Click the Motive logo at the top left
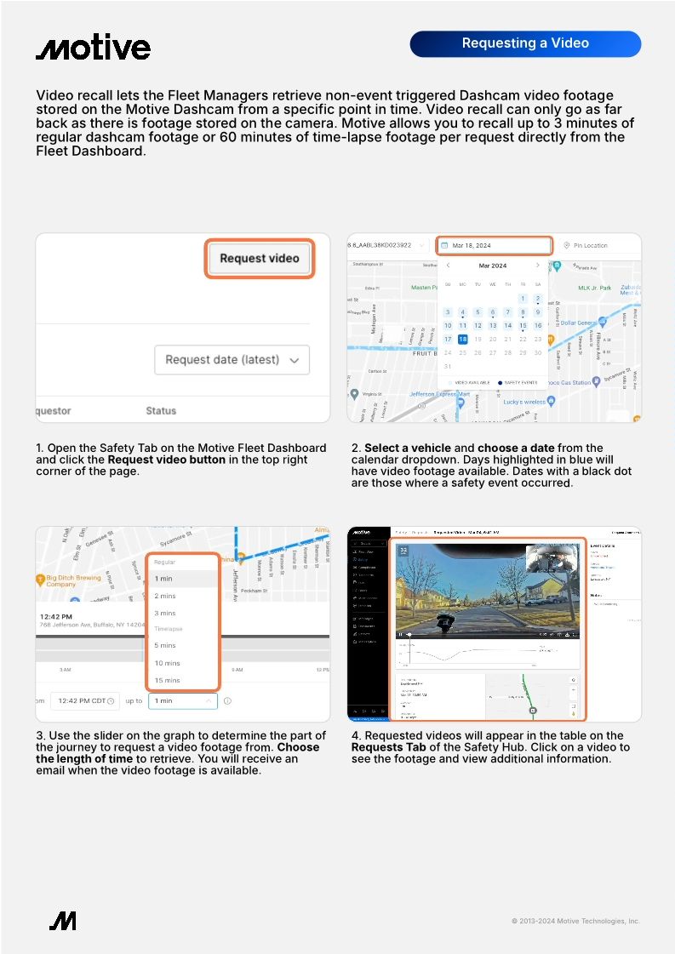tap(93, 48)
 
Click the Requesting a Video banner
tap(524, 43)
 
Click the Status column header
tap(161, 410)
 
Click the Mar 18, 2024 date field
tap(494, 245)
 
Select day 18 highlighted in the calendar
tap(463, 339)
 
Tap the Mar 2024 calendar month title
tap(492, 266)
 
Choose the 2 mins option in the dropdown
tap(165, 596)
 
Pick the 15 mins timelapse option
tap(168, 680)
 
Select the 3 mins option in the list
tap(165, 613)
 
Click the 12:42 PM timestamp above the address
tap(55, 616)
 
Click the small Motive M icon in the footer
tap(62, 920)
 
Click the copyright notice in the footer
tap(575, 921)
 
